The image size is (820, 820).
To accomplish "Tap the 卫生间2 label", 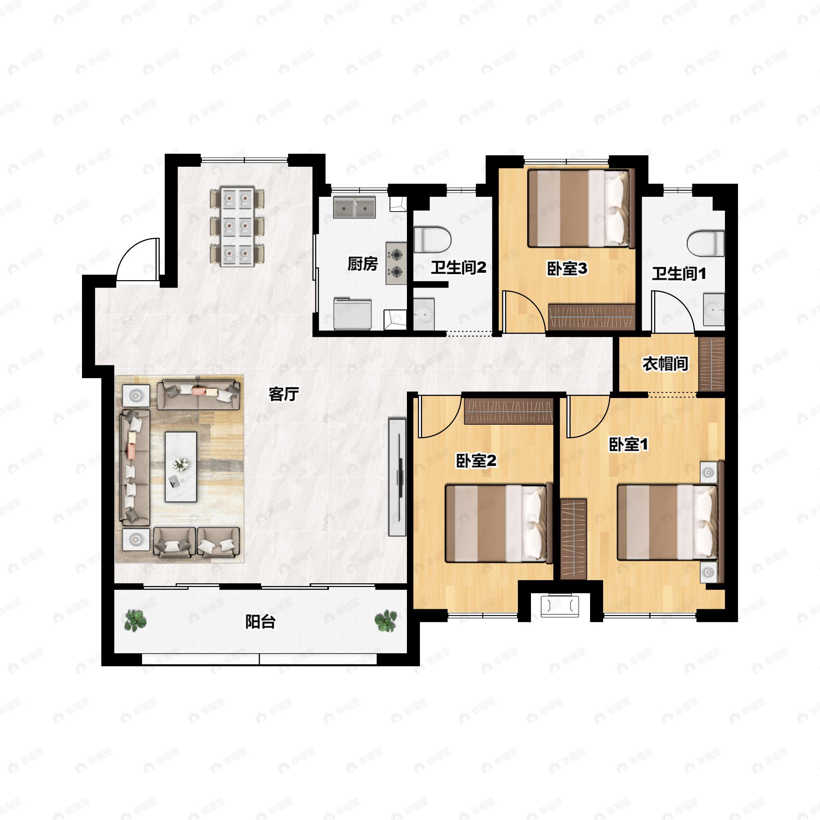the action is pos(459,268).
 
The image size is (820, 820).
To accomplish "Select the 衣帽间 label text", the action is pos(665,364).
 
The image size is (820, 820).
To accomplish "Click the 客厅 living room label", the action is pos(284,394).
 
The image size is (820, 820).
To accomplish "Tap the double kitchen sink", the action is pos(354,207).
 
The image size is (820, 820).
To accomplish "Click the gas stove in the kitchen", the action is pos(396,263).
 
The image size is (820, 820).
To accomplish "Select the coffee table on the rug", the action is pos(181,467).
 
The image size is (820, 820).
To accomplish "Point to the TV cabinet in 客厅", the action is pos(397,477).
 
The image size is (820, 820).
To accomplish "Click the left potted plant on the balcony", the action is pos(135,620).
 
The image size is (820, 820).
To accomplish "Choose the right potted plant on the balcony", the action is pos(386,620).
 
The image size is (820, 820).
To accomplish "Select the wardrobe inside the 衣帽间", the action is pos(711,364).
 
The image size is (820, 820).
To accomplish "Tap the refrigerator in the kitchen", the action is pos(352,314).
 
